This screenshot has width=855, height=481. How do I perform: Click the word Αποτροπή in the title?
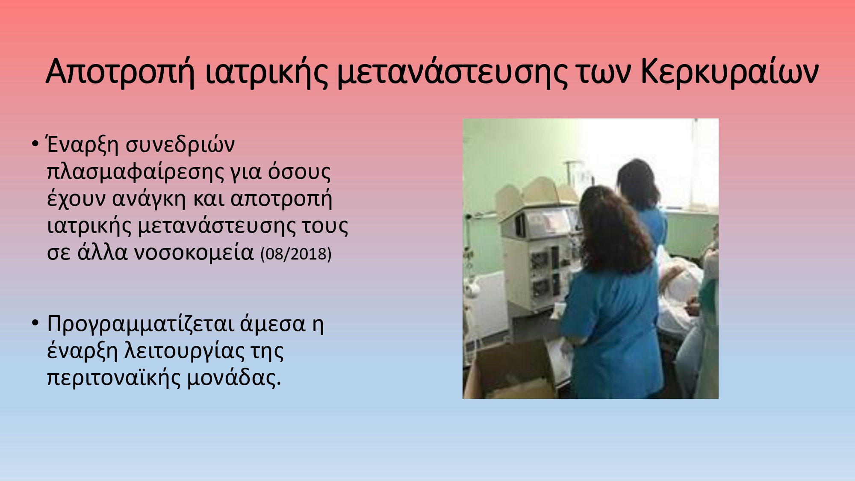coord(120,72)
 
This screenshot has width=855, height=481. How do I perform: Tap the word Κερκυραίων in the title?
coord(729,72)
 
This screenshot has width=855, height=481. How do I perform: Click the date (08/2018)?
coord(296,254)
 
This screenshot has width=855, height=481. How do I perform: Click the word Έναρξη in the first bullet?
coord(82,145)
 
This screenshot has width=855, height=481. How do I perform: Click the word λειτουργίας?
coord(184,351)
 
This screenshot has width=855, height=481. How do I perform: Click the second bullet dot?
coord(35,324)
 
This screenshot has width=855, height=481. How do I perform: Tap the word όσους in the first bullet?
coord(299,172)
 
